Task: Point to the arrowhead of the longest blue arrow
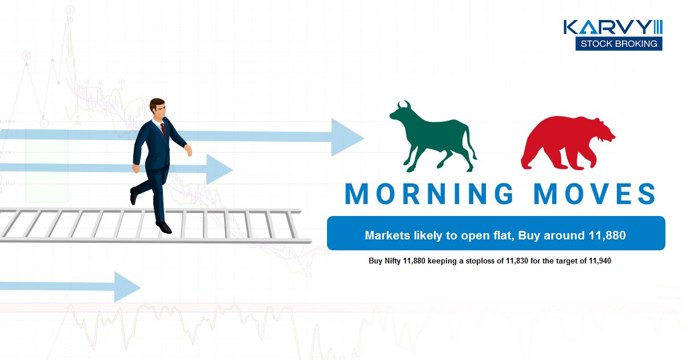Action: pyautogui.click(x=348, y=137)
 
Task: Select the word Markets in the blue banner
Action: pyautogui.click(x=384, y=235)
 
